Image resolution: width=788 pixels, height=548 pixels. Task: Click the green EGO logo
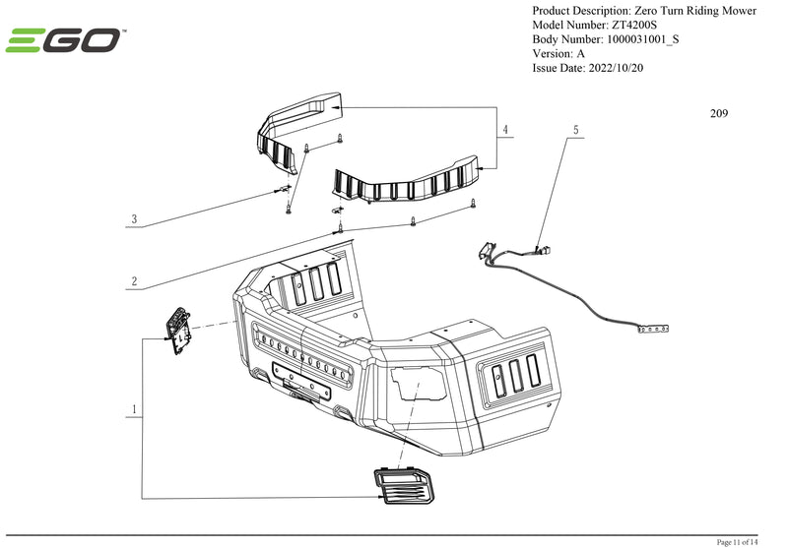(66, 41)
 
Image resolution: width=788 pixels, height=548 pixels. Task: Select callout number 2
(134, 281)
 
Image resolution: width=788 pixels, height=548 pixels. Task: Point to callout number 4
(504, 130)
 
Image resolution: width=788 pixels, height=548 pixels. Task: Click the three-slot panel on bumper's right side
(509, 374)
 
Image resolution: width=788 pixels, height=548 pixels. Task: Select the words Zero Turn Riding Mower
(689, 11)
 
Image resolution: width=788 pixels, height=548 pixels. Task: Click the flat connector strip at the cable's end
(656, 331)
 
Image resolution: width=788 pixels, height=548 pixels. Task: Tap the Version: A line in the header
(558, 54)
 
